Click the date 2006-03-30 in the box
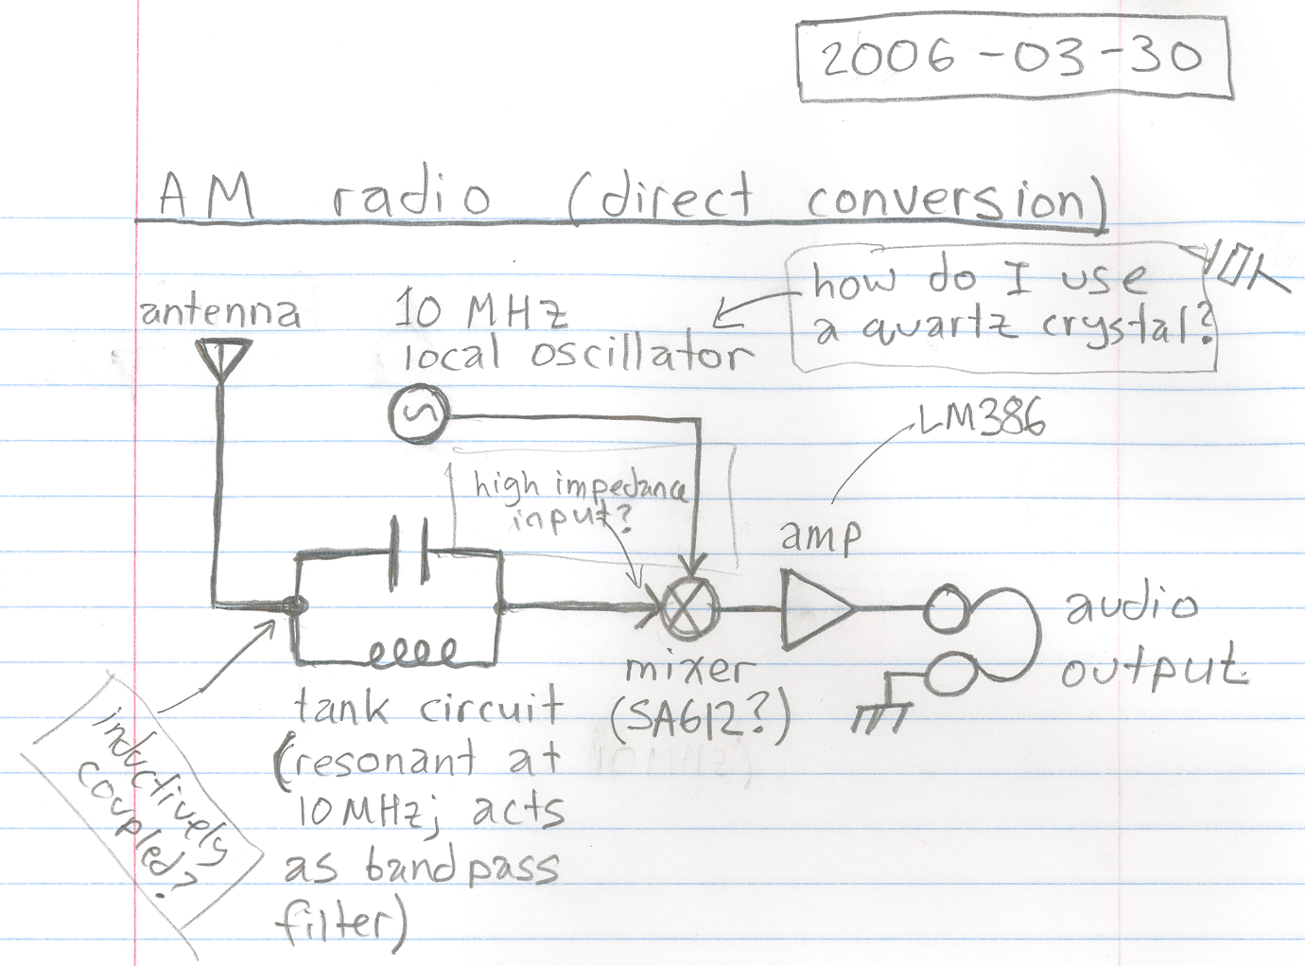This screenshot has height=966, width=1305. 1010,60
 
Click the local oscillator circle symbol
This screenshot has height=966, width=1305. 418,413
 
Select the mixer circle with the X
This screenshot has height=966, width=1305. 687,609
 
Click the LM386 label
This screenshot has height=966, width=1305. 981,419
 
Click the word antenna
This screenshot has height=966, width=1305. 220,313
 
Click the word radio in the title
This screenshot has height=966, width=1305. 411,197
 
